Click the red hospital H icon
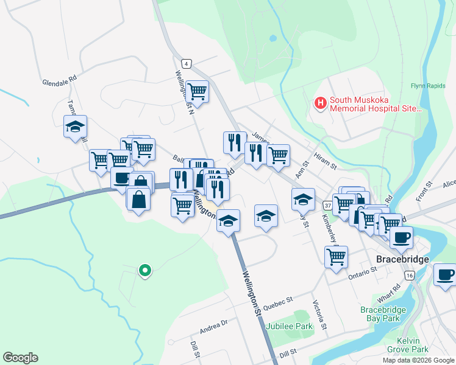319,104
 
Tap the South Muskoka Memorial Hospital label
375,105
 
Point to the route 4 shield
186,63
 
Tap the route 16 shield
409,276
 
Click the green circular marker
144,270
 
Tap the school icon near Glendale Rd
75,127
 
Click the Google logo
20,358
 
